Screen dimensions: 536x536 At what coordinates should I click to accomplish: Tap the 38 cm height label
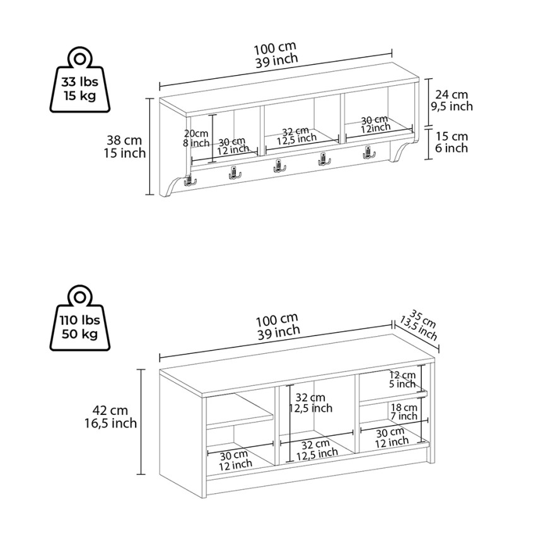click(125, 146)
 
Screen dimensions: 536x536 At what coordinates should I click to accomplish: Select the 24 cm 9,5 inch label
click(452, 100)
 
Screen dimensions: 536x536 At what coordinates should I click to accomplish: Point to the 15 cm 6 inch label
click(452, 143)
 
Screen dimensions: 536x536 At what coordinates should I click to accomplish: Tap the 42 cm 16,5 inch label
click(111, 417)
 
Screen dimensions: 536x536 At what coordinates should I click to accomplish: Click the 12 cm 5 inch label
click(402, 380)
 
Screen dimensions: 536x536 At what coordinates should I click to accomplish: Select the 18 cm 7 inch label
click(404, 412)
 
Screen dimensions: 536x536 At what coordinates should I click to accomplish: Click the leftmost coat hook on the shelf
click(189, 180)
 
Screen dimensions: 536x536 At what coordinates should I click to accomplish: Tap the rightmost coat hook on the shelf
click(368, 153)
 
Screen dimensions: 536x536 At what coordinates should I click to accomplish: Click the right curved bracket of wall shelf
click(404, 151)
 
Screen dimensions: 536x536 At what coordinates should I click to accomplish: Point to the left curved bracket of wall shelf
click(173, 186)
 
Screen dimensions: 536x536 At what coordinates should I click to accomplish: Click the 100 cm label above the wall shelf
click(276, 55)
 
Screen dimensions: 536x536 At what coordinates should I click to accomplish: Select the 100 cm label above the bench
click(278, 326)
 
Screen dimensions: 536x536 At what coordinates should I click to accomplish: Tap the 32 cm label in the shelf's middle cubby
click(296, 136)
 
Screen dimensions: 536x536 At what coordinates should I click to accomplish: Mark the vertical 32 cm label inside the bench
click(310, 403)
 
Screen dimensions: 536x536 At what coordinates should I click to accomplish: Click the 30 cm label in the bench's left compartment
click(235, 460)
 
